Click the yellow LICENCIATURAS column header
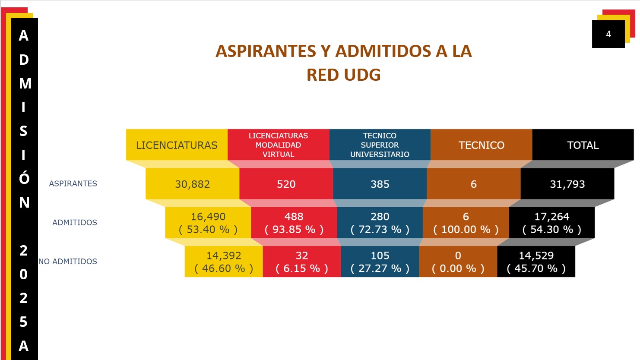(177, 145)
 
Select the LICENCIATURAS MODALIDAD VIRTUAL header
(278, 145)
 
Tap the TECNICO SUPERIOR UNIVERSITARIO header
(380, 145)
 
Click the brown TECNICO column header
(481, 145)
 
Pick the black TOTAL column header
(583, 145)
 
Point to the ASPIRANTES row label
(73, 183)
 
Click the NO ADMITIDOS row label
(68, 261)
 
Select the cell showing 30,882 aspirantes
(192, 184)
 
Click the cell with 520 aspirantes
(286, 184)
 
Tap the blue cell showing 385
(380, 184)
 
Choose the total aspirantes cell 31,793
(567, 184)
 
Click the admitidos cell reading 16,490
(208, 223)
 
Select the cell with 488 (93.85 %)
(294, 223)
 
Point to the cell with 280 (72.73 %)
(380, 223)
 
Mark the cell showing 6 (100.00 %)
(466, 223)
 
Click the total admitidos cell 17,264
(551, 223)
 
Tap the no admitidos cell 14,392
(224, 262)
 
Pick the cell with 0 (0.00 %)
(458, 262)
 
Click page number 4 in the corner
(608, 34)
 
